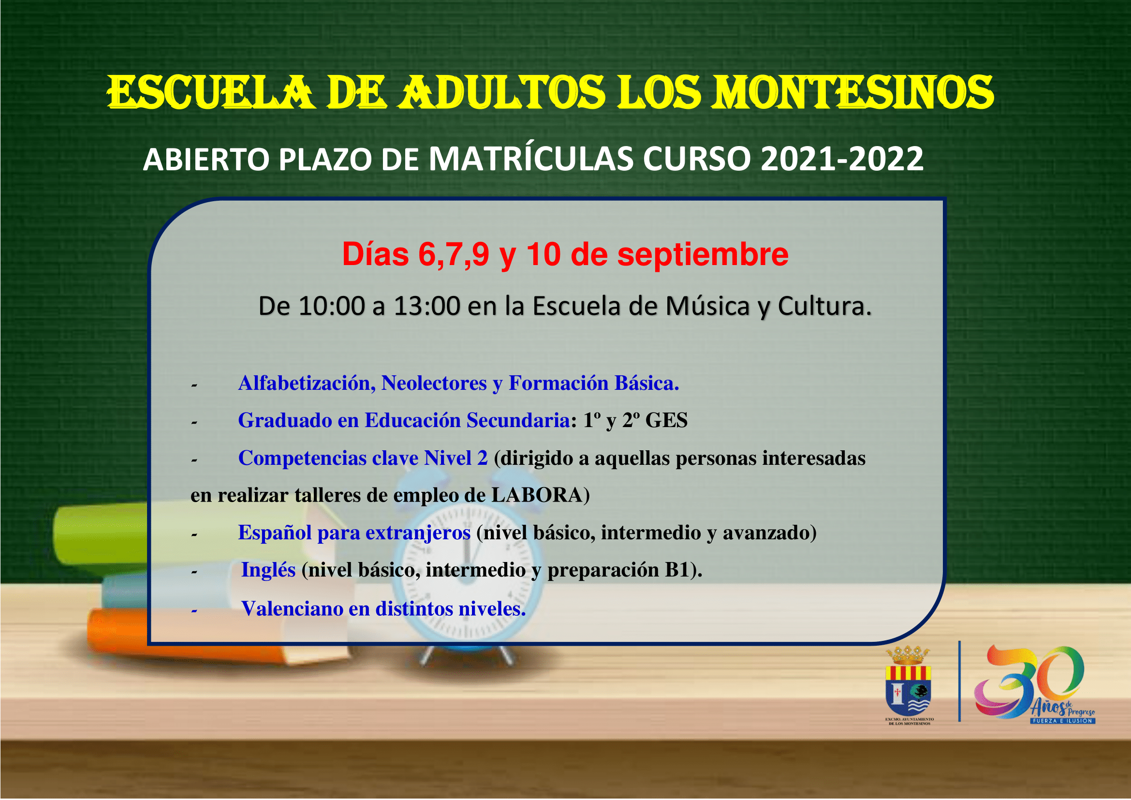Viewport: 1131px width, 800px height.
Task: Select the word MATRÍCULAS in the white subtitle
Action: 531,159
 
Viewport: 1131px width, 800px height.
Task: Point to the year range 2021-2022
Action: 842,159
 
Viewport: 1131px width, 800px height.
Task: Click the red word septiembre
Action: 703,255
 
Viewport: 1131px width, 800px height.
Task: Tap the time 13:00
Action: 426,306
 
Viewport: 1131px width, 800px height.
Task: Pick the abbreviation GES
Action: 666,420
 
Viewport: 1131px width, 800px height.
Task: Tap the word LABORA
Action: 537,495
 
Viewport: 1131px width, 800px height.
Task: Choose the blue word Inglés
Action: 268,570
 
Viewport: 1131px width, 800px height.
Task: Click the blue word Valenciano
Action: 292,609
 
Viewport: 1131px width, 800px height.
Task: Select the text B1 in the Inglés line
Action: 676,570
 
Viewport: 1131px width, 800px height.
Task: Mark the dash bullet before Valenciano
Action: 194,611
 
